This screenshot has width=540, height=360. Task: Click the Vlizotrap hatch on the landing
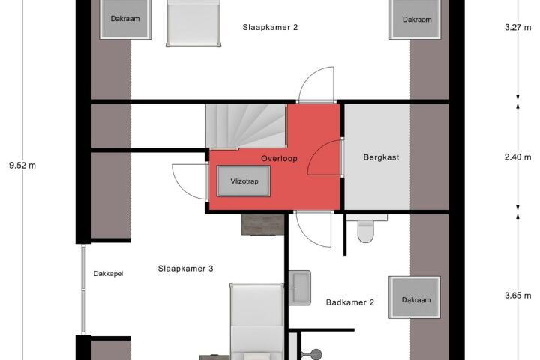(x=244, y=181)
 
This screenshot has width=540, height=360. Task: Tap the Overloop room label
(x=279, y=159)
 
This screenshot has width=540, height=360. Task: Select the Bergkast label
(x=381, y=157)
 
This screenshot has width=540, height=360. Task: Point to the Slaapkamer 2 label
(x=270, y=27)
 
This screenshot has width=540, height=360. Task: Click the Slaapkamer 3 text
(x=186, y=268)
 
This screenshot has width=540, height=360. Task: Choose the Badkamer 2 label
(x=350, y=302)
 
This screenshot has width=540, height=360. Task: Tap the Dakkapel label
(x=108, y=274)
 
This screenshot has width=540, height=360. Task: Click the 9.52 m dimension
(x=22, y=166)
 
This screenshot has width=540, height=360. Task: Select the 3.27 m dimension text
(x=518, y=27)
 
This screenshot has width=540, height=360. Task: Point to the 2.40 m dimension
(x=518, y=157)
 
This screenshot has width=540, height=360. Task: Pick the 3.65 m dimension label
(x=518, y=295)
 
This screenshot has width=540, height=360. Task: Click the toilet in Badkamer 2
(x=366, y=228)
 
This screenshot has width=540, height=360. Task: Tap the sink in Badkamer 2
(x=299, y=288)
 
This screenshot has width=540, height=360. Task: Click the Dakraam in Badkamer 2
(x=414, y=297)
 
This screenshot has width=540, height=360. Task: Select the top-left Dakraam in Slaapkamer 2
(x=125, y=19)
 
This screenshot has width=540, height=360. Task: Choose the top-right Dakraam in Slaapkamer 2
(x=415, y=19)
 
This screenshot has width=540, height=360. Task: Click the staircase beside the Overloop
(x=246, y=126)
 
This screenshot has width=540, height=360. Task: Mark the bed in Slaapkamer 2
(x=193, y=22)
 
